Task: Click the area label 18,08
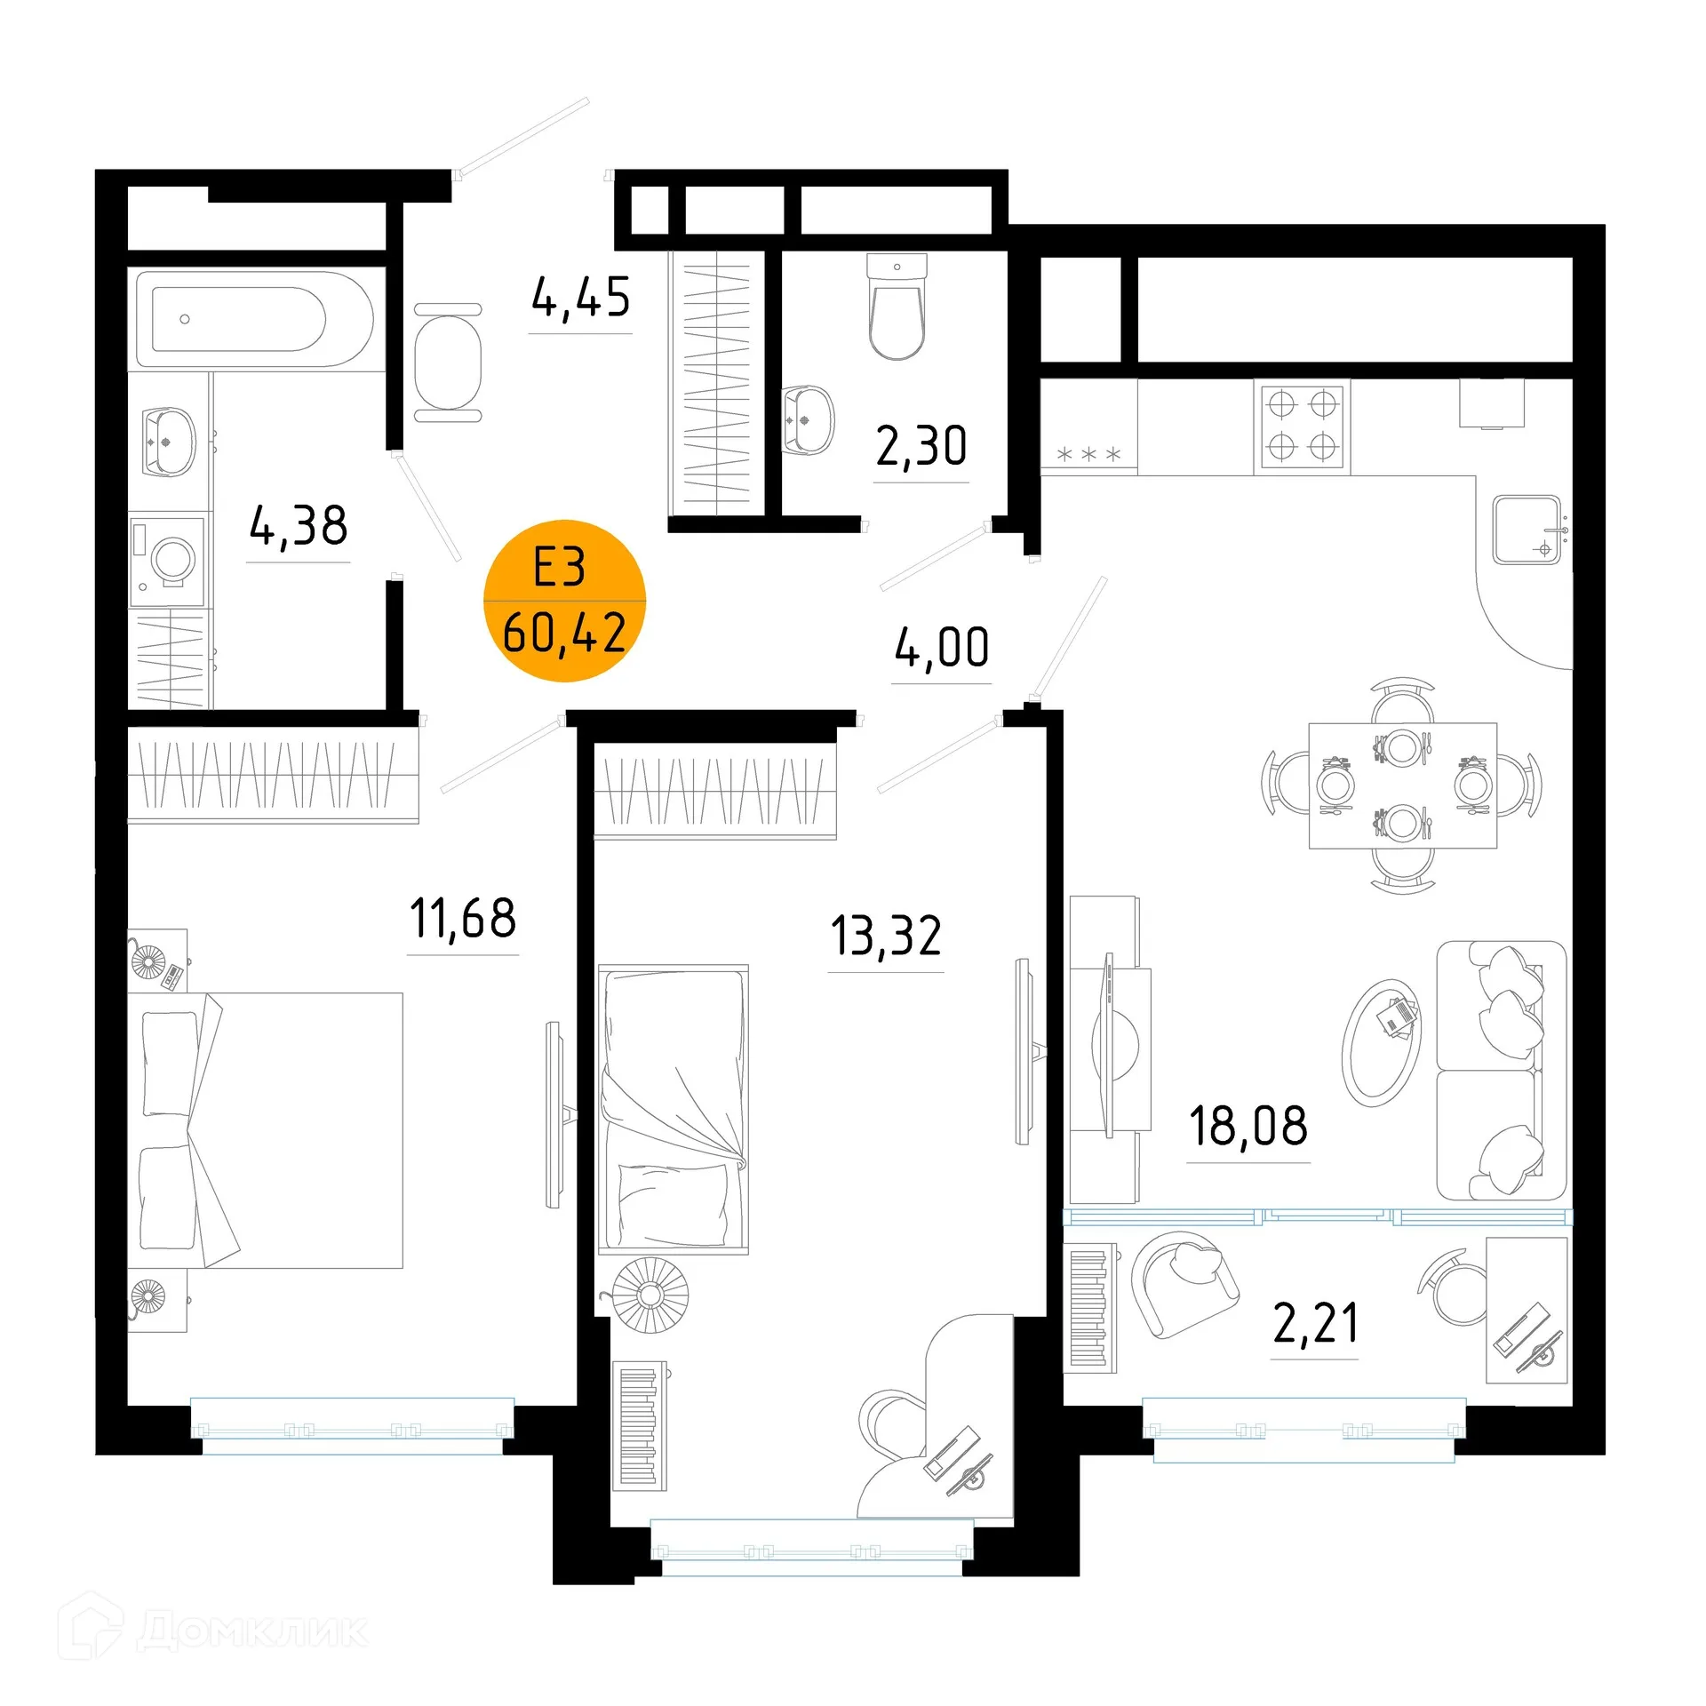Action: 1248,1126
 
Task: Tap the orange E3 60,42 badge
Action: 564,601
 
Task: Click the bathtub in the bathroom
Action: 256,320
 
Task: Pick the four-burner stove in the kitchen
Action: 1302,426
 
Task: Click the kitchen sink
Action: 1527,530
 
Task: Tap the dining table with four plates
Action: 1402,785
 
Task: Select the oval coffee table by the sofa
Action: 1381,1042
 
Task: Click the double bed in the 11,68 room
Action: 265,1129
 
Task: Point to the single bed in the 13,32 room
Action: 674,1109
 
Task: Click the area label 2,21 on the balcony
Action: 1315,1323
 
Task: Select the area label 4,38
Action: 299,526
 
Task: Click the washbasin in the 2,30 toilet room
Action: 808,420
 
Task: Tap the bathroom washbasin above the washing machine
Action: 169,442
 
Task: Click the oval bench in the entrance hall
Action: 448,363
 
